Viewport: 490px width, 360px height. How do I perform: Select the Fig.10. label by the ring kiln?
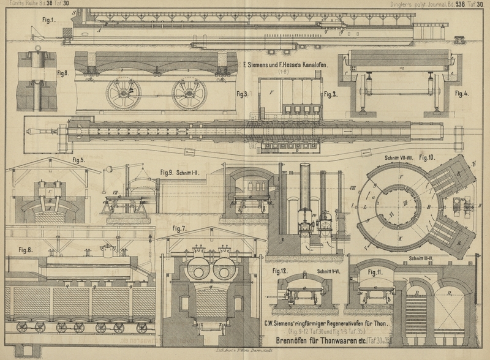coord(427,157)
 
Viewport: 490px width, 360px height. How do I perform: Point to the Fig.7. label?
coord(179,229)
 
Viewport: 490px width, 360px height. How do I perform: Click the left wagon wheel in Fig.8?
coord(123,92)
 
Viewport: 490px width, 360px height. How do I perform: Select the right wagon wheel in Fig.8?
coord(189,93)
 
